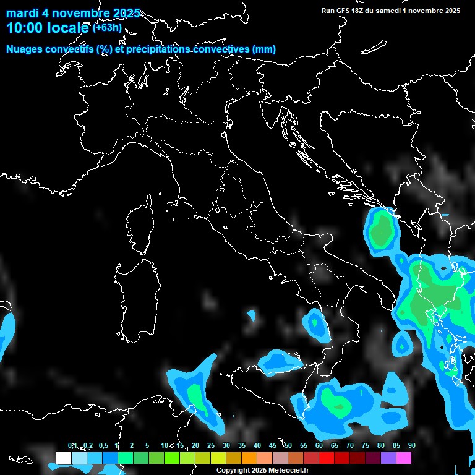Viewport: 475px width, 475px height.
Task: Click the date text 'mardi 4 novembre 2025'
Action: click(x=73, y=13)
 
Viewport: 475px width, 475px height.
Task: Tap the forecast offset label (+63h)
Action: click(x=107, y=27)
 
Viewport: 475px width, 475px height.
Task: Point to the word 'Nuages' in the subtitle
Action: click(x=25, y=49)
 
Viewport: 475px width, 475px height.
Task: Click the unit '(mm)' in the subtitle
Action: click(x=264, y=49)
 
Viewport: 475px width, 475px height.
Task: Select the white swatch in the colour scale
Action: click(x=63, y=458)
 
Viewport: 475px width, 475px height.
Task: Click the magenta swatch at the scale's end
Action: click(x=404, y=458)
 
